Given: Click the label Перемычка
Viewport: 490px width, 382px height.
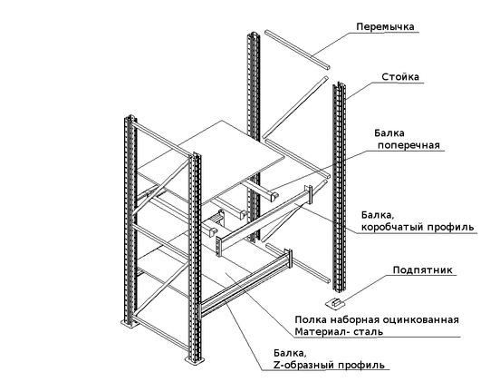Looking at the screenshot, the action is pyautogui.click(x=385, y=27).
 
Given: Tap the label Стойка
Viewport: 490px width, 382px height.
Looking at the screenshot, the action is pyautogui.click(x=400, y=77).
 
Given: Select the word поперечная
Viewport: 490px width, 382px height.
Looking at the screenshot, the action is pyautogui.click(x=408, y=145).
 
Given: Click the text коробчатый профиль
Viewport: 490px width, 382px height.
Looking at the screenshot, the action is pyautogui.click(x=418, y=227).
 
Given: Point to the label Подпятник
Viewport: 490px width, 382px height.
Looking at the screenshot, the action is pyautogui.click(x=422, y=270).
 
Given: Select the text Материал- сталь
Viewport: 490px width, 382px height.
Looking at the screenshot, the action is pyautogui.click(x=339, y=331).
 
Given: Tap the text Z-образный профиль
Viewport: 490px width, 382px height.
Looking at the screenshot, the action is pyautogui.click(x=329, y=365).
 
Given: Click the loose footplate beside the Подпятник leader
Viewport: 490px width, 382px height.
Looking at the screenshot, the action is pyautogui.click(x=334, y=303).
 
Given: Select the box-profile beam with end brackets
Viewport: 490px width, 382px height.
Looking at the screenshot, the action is pyautogui.click(x=264, y=220).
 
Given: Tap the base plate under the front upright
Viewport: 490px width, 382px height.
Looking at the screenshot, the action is pyautogui.click(x=195, y=360).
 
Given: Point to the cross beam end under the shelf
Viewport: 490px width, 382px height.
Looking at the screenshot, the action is pyautogui.click(x=274, y=197).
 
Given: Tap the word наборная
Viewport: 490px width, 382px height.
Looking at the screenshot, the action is pyautogui.click(x=356, y=320).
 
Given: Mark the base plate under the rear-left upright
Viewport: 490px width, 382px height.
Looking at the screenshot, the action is pyautogui.click(x=129, y=323).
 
